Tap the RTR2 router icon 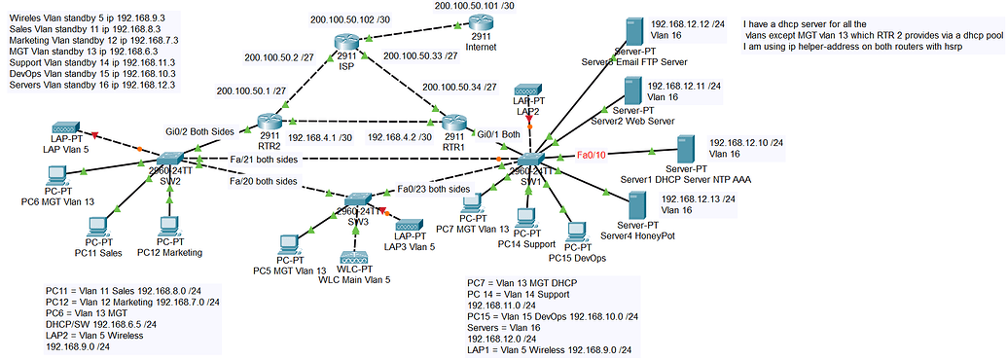tap(270, 123)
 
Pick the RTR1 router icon tap(453, 123)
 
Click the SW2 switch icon tap(171, 159)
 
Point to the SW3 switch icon tap(354, 199)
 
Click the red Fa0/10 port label tap(591, 155)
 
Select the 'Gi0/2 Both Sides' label tap(198, 129)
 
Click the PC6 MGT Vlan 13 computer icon tap(57, 176)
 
